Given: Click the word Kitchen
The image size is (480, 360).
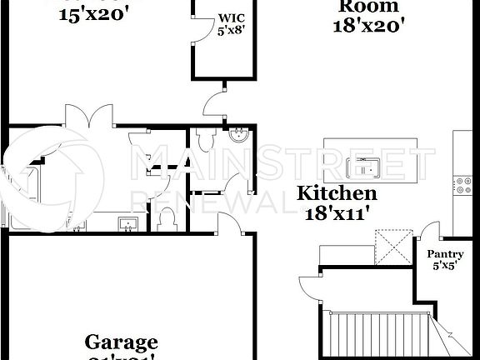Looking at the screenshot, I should pyautogui.click(x=338, y=193).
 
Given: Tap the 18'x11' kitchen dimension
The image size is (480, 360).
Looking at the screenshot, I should pyautogui.click(x=338, y=212).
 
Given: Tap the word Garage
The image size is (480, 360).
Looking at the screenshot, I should pyautogui.click(x=122, y=342).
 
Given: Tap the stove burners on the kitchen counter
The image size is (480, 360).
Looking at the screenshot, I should pyautogui.click(x=460, y=184).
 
